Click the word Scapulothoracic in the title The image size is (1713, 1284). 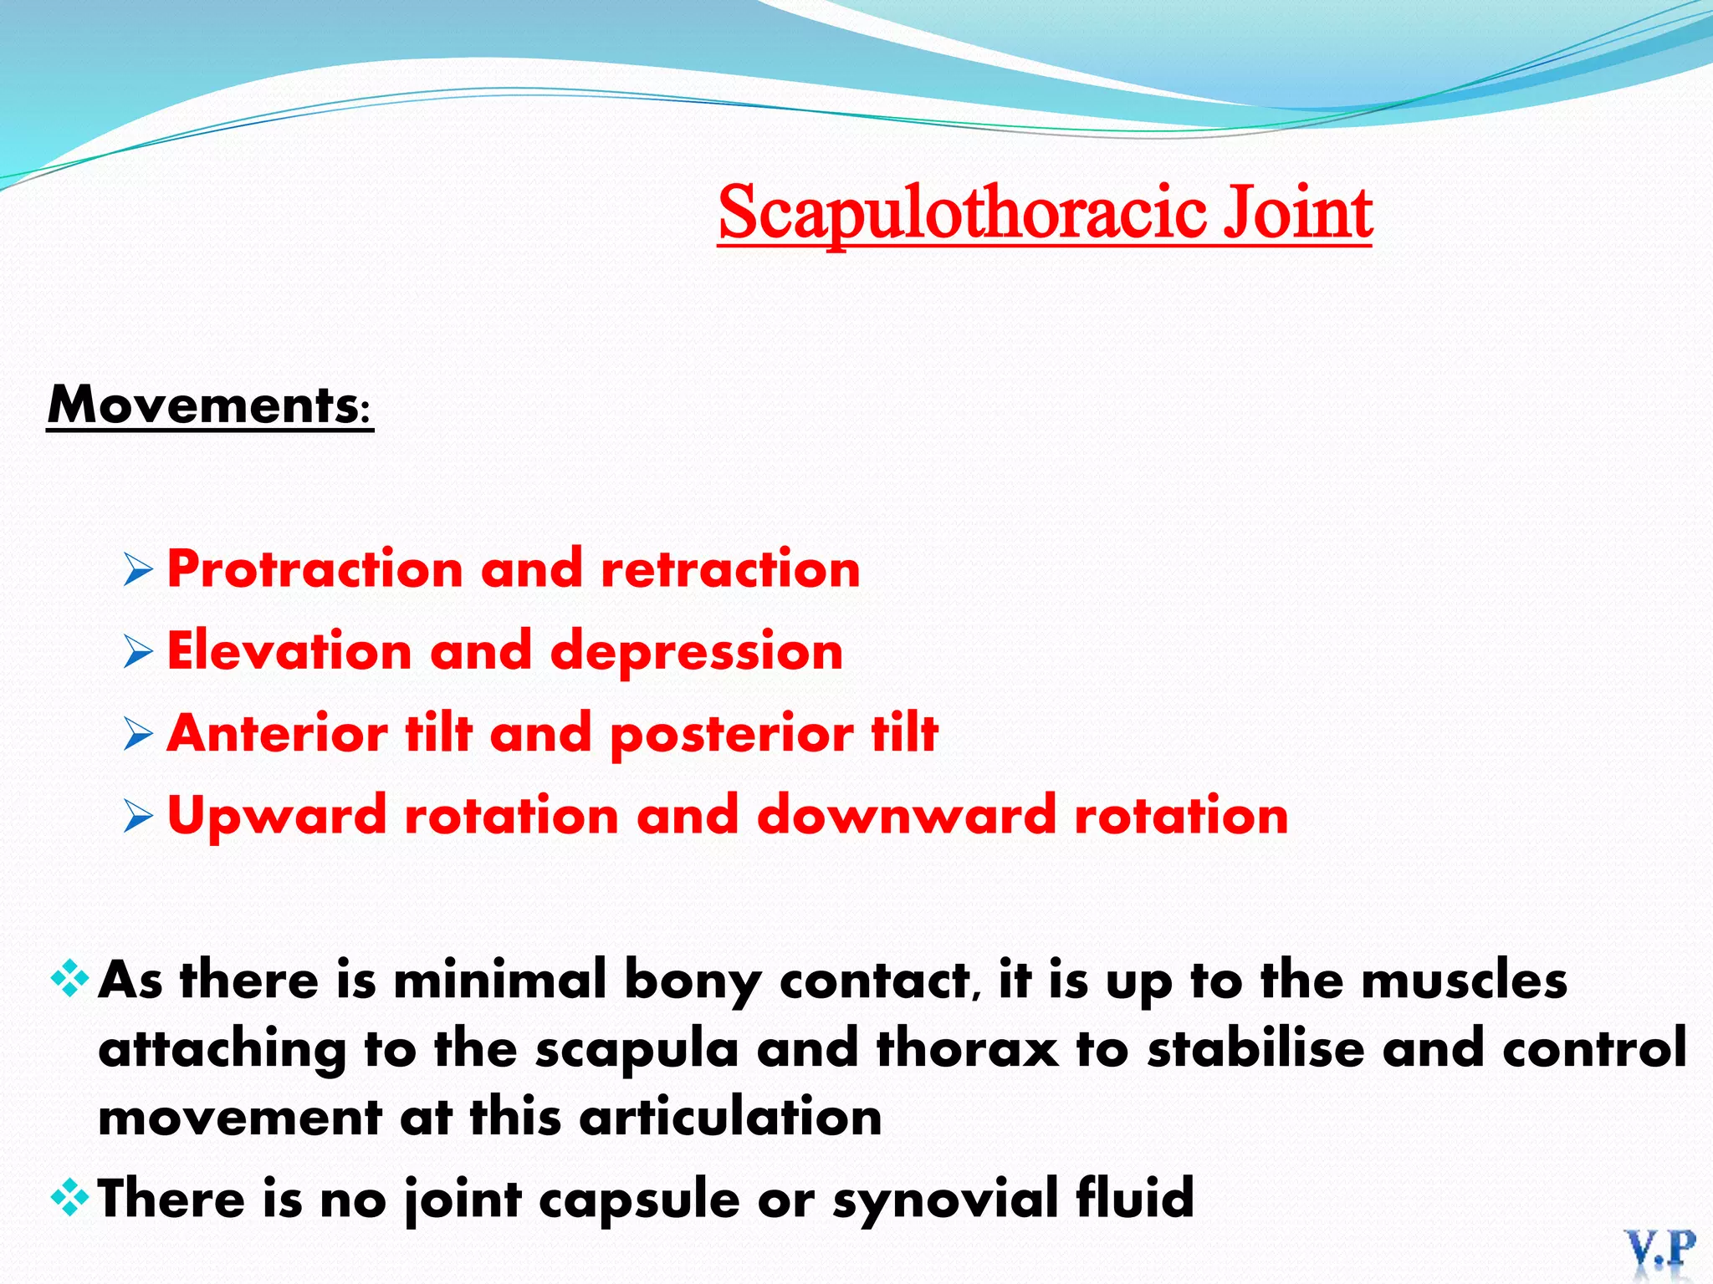pos(962,213)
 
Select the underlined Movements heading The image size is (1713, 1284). pos(209,405)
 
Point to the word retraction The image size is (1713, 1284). pos(730,569)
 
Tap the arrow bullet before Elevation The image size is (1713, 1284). pos(138,651)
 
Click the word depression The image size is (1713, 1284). pos(696,651)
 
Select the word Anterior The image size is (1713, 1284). pos(277,733)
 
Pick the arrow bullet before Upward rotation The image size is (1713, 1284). pos(138,815)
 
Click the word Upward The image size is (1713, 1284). pos(277,817)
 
